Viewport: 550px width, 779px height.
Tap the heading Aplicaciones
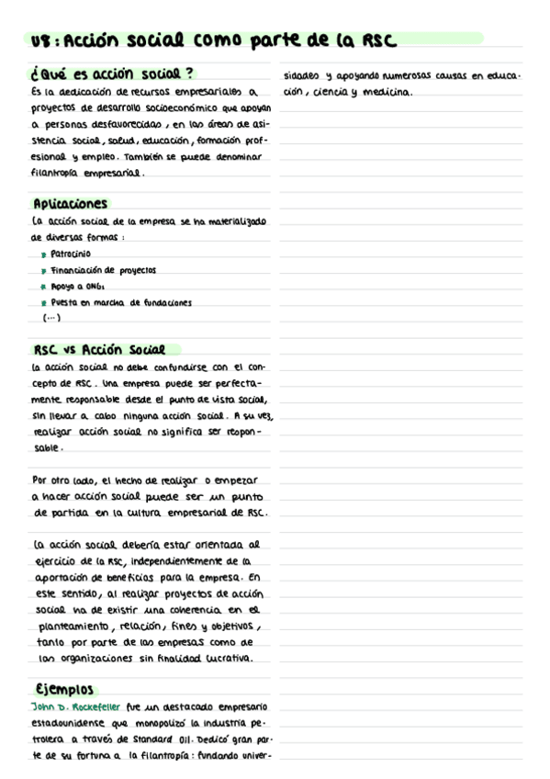[70, 204]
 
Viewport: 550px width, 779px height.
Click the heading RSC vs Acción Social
[98, 350]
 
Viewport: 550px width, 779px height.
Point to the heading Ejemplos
[64, 689]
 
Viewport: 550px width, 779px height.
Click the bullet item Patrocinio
[71, 254]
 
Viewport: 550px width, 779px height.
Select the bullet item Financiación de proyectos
[103, 270]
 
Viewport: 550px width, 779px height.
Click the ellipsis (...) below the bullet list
[51, 318]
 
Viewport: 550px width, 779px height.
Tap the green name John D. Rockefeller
[70, 706]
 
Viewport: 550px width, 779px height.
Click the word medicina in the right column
[390, 92]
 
